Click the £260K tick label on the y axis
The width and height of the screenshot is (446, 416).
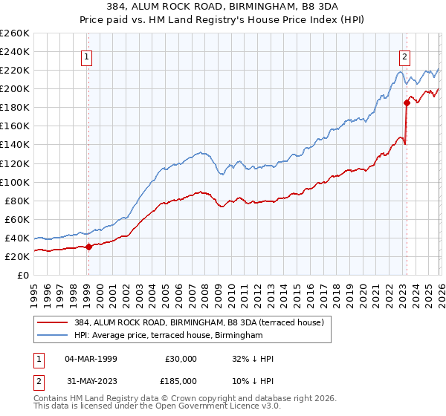[15, 33]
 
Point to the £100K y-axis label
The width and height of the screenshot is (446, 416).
[15, 182]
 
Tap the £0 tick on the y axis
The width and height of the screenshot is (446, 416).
[22, 275]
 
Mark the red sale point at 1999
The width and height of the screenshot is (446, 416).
[88, 247]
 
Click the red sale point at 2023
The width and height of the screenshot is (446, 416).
[407, 103]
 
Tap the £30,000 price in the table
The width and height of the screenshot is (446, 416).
[181, 358]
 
